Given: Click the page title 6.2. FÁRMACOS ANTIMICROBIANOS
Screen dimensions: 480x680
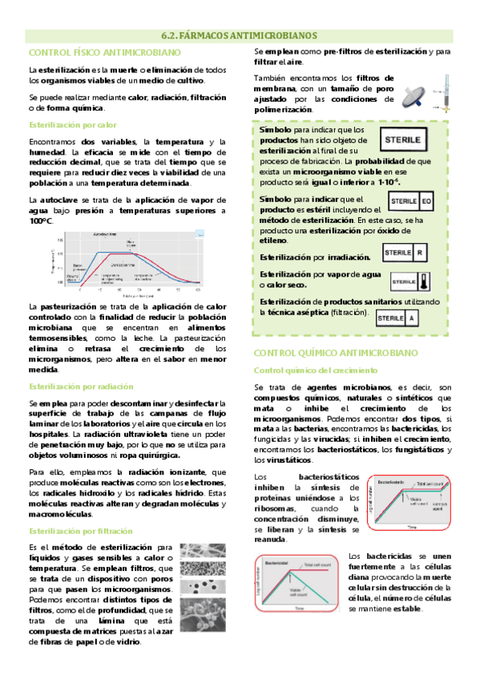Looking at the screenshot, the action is tap(240, 35).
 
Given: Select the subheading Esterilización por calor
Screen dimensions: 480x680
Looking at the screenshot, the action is tap(73, 125).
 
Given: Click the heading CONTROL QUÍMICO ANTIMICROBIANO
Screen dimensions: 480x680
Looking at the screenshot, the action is tap(336, 353).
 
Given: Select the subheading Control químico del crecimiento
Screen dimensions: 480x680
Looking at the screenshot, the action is tap(316, 370).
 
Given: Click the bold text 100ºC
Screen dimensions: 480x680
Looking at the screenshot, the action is tap(41, 221).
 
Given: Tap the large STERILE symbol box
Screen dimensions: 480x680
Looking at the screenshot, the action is tap(407, 140).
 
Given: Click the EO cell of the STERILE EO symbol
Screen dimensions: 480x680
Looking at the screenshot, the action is tap(426, 201).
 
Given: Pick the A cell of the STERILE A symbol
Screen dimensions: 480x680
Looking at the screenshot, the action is tap(411, 318).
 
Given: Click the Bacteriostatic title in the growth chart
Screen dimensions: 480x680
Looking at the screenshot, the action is tap(389, 482).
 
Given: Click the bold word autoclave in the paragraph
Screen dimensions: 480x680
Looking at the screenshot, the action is tap(56, 198).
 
